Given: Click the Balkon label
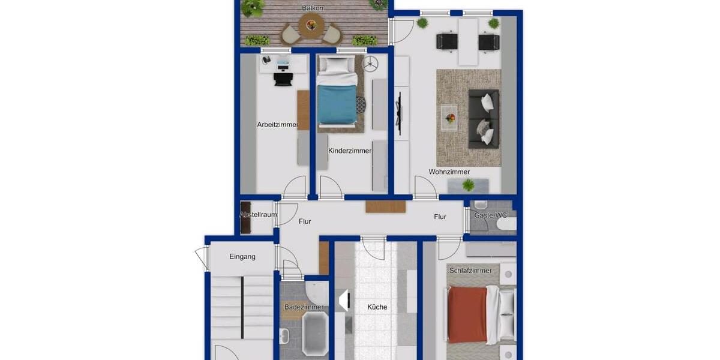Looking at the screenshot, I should pos(313,8).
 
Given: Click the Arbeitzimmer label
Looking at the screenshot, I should pos(277,125).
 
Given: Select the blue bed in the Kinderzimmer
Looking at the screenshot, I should pos(337,103).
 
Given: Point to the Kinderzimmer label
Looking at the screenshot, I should pos(350,151).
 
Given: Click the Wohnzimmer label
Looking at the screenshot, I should pos(449,172).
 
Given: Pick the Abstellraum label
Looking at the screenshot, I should pos(258,214).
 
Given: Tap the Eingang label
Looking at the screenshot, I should pos(242,257).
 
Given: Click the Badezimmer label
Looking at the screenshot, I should pos(304,307).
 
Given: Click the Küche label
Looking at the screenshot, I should pos(377,307).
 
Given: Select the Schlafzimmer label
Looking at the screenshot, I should pos(470,271).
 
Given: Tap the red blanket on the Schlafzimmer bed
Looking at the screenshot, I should pos(467,314).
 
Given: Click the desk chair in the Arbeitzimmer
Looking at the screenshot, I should pos(281,79).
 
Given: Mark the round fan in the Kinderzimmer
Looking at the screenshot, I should pos(371,62).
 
